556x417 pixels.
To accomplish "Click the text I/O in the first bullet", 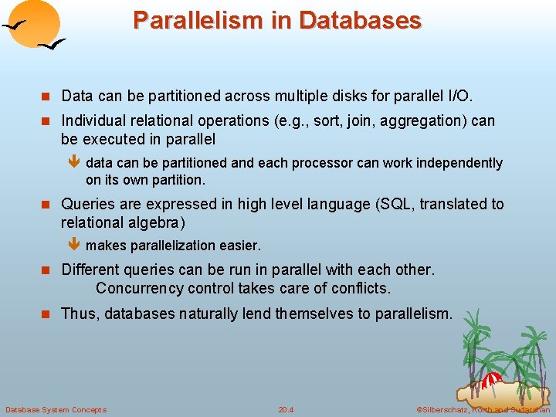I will click(459, 97).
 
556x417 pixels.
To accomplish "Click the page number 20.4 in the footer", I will click(286, 409).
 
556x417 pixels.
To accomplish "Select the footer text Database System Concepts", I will click(56, 409).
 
